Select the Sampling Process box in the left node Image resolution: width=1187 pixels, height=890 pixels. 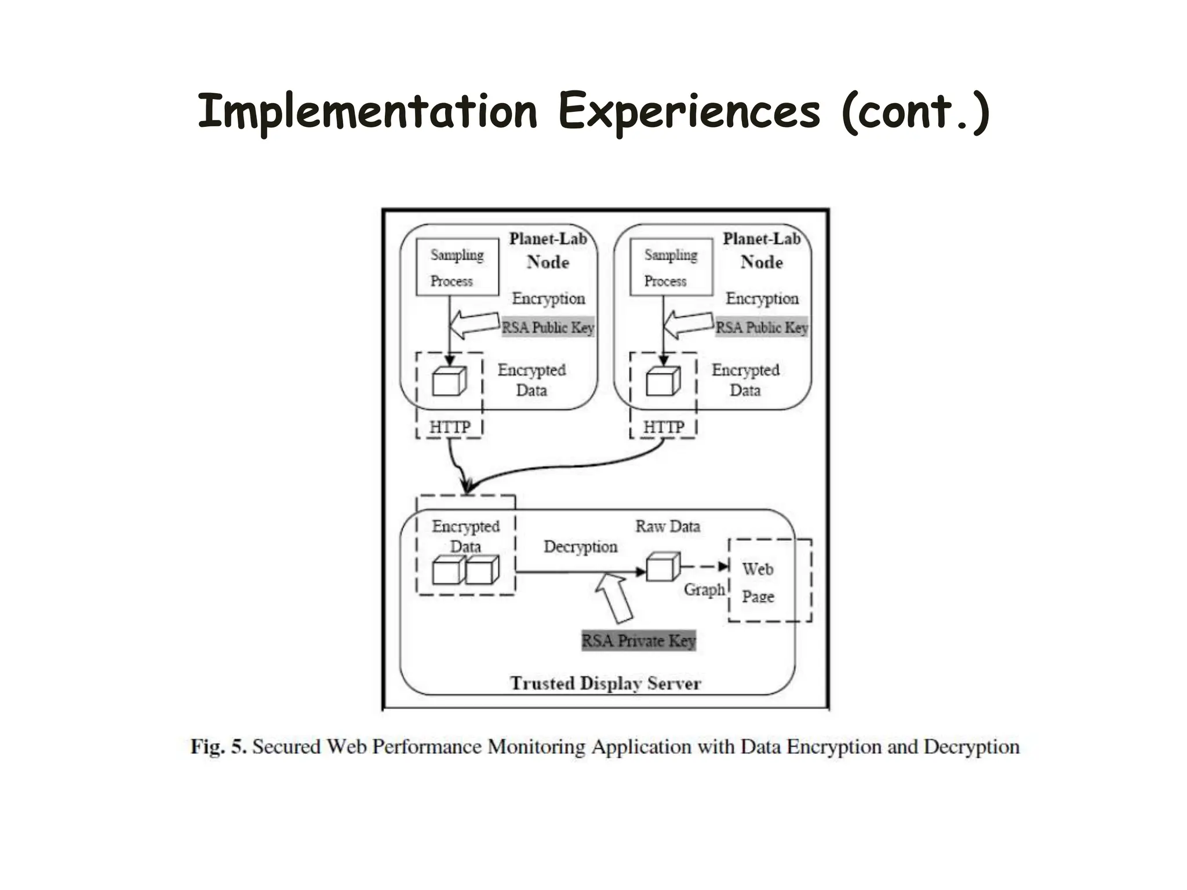(x=457, y=267)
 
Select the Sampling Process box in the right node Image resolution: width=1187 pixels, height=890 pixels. (x=671, y=267)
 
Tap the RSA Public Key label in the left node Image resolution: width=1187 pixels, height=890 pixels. (x=548, y=327)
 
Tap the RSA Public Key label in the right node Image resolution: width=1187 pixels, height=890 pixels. (x=762, y=327)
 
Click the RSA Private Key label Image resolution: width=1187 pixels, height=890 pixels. (x=638, y=641)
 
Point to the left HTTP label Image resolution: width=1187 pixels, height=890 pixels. (x=450, y=427)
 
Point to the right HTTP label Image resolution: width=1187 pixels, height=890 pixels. (x=664, y=427)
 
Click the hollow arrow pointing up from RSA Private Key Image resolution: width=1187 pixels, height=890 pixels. (x=614, y=597)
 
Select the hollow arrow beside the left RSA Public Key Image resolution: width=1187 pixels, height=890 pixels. (x=474, y=324)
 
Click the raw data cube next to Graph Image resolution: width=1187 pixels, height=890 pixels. (x=662, y=567)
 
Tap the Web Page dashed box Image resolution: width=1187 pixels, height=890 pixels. (x=770, y=581)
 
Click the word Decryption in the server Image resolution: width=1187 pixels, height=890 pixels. (x=580, y=547)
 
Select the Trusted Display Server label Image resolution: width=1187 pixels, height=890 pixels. (x=606, y=683)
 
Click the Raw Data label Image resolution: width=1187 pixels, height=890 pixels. (x=668, y=526)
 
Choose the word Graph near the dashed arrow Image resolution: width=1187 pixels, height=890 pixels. (x=704, y=590)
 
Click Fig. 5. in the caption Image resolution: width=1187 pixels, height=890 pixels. (x=219, y=746)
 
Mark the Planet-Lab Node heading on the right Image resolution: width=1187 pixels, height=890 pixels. (x=762, y=250)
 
